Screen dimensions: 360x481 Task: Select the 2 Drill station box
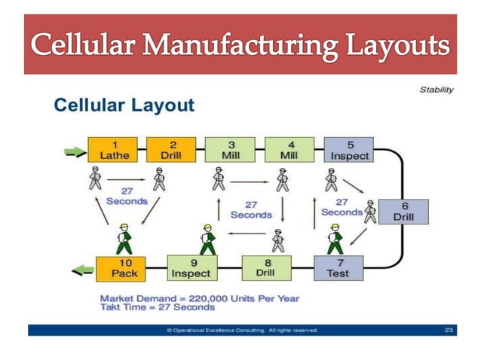point(171,150)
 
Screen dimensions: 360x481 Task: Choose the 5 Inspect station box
point(349,150)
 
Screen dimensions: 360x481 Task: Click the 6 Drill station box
point(403,212)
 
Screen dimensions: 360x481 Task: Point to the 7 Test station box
point(337,268)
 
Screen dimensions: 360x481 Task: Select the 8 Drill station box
point(266,268)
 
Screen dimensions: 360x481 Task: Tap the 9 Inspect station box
point(191,268)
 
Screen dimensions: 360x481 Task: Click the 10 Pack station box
point(120,268)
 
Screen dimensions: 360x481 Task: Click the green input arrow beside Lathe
point(74,151)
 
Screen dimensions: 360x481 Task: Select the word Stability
point(437,90)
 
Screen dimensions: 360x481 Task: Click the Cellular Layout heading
point(124,105)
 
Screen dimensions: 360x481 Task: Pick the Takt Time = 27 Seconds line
point(157,307)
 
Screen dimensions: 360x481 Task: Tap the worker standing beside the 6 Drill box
point(370,212)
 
